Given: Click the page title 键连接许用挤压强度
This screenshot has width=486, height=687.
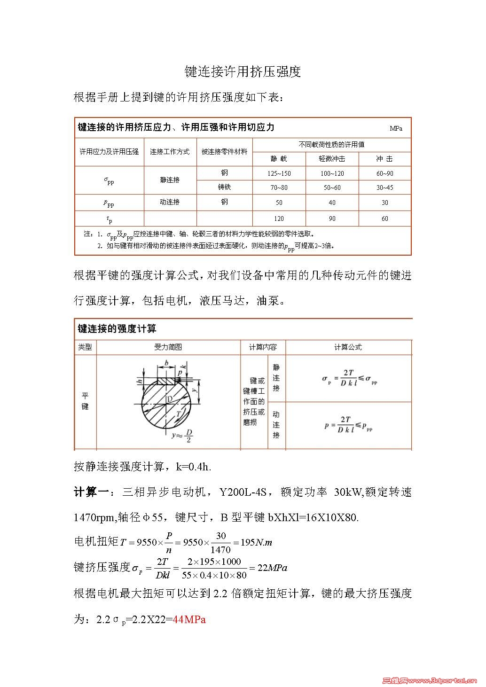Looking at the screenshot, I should [x=243, y=72].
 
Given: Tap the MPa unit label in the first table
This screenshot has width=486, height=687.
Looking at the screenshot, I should [x=396, y=128].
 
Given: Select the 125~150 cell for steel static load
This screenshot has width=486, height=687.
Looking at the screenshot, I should [x=279, y=173].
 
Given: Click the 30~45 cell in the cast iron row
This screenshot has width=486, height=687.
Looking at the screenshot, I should [x=384, y=187].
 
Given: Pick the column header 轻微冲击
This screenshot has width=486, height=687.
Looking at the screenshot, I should [x=332, y=159].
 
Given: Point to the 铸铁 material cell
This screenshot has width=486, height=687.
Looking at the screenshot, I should [x=224, y=187].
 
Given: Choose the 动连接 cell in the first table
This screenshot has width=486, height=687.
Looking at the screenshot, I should [x=170, y=202].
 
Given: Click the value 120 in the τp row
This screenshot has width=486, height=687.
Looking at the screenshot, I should [x=279, y=219].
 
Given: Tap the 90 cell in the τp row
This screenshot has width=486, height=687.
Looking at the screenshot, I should [x=332, y=219].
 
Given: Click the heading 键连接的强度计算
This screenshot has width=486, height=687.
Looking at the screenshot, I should [x=117, y=329].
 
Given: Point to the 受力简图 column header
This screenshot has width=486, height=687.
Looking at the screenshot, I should [x=168, y=347].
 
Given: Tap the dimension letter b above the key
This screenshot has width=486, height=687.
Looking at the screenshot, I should [x=166, y=363].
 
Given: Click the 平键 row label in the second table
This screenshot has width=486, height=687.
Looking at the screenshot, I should [x=85, y=401].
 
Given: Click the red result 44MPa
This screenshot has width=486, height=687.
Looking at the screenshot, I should [x=189, y=619].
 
